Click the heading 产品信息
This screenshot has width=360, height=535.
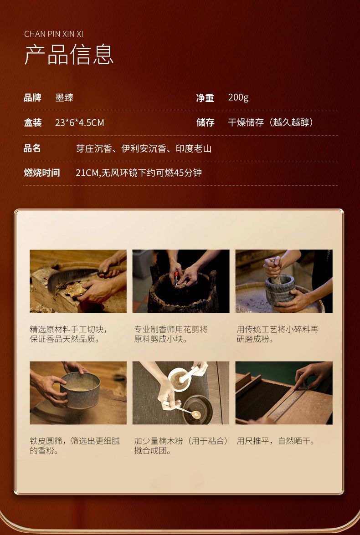(x=69, y=55)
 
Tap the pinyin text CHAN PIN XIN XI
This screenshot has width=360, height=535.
(x=54, y=34)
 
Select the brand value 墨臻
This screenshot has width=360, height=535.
(x=64, y=97)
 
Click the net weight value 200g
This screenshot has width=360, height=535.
(x=238, y=97)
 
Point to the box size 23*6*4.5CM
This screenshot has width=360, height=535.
(x=80, y=122)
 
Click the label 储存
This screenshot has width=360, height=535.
(x=205, y=122)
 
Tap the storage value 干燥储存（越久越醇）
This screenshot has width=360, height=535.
(x=271, y=122)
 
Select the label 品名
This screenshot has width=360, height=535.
(x=32, y=148)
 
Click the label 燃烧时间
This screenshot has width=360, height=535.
(x=41, y=173)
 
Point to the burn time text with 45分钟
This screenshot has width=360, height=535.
(x=139, y=173)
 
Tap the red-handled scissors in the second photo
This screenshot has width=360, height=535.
(x=177, y=277)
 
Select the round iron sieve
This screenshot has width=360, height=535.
(x=80, y=390)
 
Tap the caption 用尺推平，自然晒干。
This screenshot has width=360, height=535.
(x=276, y=441)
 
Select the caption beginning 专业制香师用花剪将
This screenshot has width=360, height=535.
(x=171, y=334)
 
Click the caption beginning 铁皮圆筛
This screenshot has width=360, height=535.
(x=75, y=446)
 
